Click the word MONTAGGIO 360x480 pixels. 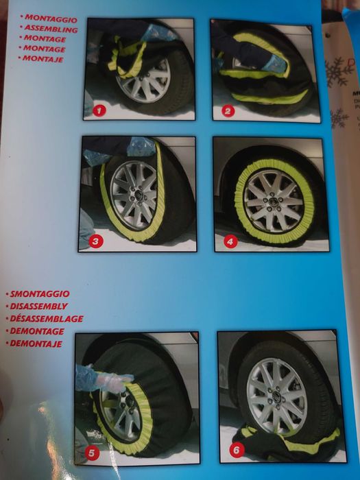pos(52,19)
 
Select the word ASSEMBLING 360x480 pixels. pos(53,29)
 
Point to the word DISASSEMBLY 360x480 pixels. pos(40,307)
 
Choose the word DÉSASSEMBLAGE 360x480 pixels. pos(48,319)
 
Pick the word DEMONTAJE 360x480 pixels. pos(42,343)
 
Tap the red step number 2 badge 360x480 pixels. pos(228,110)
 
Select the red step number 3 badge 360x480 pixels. pos(95,240)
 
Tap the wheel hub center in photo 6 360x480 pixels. pos(277,396)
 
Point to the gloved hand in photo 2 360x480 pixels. pos(272,64)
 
